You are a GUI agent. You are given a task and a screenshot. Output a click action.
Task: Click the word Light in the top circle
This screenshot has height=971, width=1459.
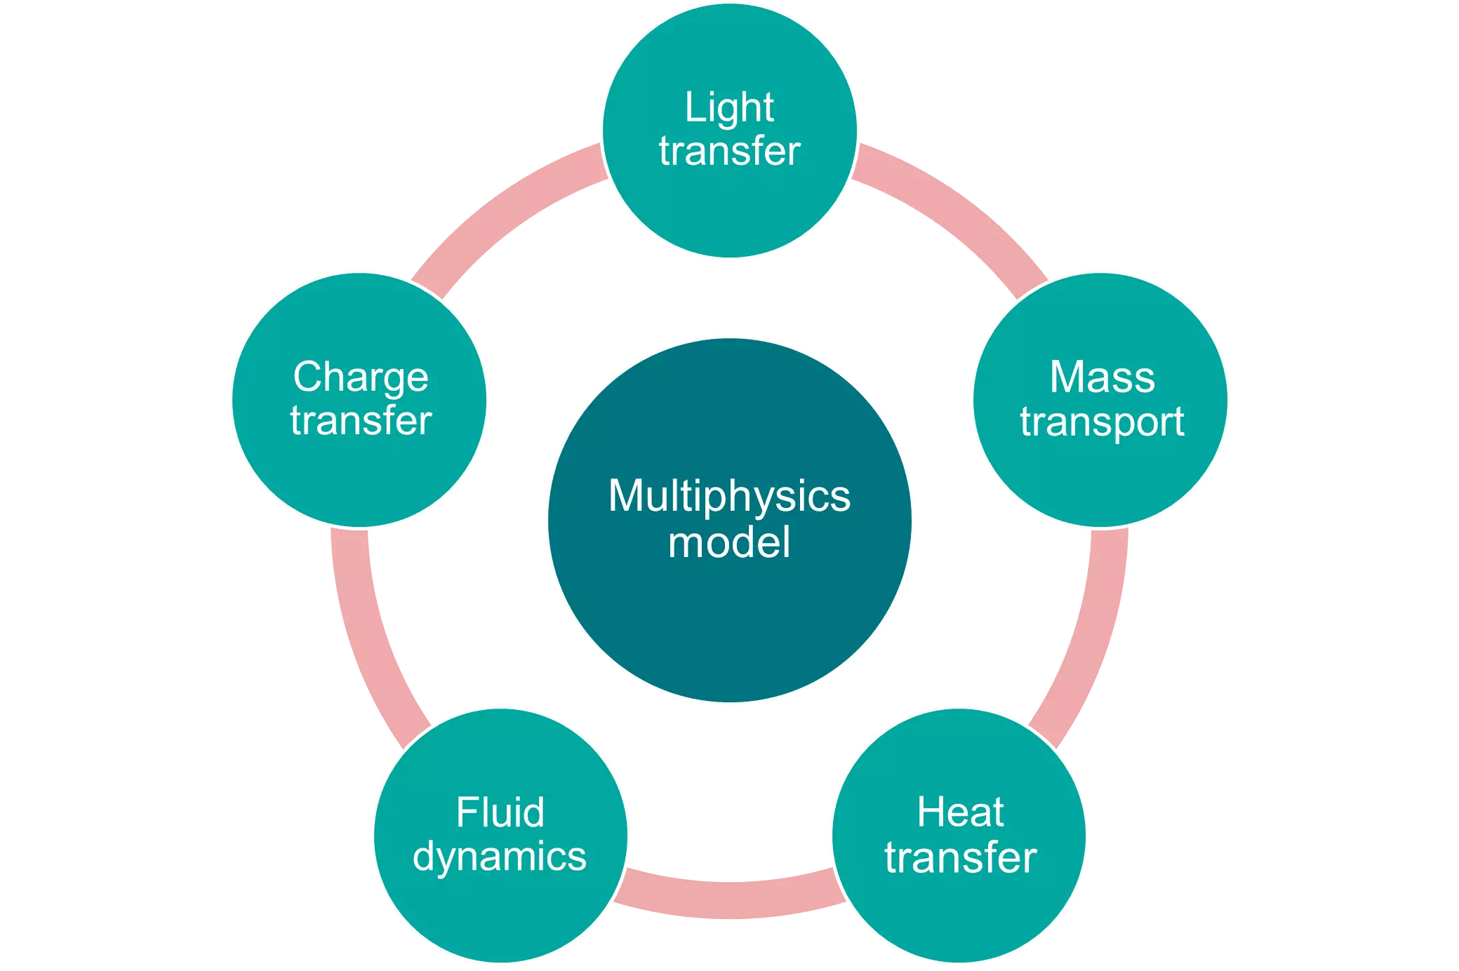(x=729, y=108)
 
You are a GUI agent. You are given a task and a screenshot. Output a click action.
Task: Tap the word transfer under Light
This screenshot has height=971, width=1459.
(x=729, y=152)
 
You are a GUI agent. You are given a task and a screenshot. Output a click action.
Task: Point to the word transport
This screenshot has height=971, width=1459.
(x=1102, y=422)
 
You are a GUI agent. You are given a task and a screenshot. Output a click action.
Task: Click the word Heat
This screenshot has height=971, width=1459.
(x=960, y=812)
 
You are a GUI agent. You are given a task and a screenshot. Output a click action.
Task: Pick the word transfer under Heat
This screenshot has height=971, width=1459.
(x=960, y=857)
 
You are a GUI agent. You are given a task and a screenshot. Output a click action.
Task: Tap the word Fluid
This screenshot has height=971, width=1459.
(x=500, y=812)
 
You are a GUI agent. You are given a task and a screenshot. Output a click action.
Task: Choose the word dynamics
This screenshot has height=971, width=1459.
(x=500, y=857)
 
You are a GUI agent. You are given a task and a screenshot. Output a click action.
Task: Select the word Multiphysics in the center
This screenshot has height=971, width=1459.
(x=729, y=497)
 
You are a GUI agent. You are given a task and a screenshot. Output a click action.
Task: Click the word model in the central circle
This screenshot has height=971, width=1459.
(x=729, y=542)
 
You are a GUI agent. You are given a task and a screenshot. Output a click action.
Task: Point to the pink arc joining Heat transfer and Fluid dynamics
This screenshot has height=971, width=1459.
(x=730, y=899)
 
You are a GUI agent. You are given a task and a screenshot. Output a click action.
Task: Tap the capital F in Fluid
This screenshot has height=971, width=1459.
(x=466, y=812)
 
